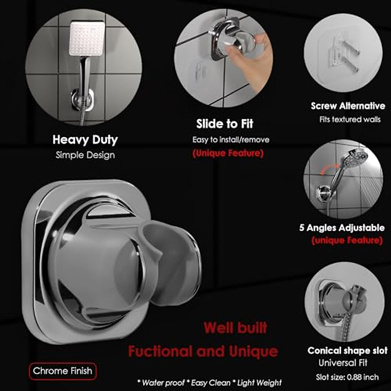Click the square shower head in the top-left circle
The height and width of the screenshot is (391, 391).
point(87,38)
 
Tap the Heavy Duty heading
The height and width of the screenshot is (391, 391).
point(85,140)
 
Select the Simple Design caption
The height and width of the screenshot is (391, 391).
point(85,155)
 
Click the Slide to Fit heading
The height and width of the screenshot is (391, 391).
point(224,124)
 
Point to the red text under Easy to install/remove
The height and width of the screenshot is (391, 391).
point(228,153)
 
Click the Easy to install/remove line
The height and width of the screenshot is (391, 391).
point(231,140)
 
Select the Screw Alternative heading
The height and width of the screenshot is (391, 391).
point(348,106)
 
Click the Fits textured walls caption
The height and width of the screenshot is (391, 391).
point(350,120)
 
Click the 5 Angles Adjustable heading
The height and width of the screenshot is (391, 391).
point(342,228)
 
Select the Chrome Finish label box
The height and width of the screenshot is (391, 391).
point(63,371)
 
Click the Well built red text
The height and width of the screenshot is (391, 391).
point(235,328)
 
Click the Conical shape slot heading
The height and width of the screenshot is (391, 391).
point(347,351)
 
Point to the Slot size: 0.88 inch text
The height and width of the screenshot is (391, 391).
point(347,377)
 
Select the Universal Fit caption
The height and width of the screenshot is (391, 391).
point(343,363)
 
